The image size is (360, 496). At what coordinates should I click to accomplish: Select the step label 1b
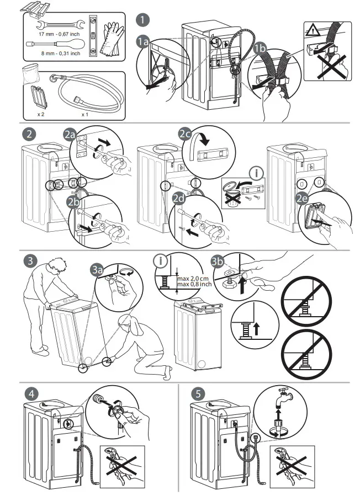pos(261,49)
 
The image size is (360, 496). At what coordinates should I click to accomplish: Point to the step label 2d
pos(179,210)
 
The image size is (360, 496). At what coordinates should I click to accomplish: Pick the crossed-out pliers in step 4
pos(120,466)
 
